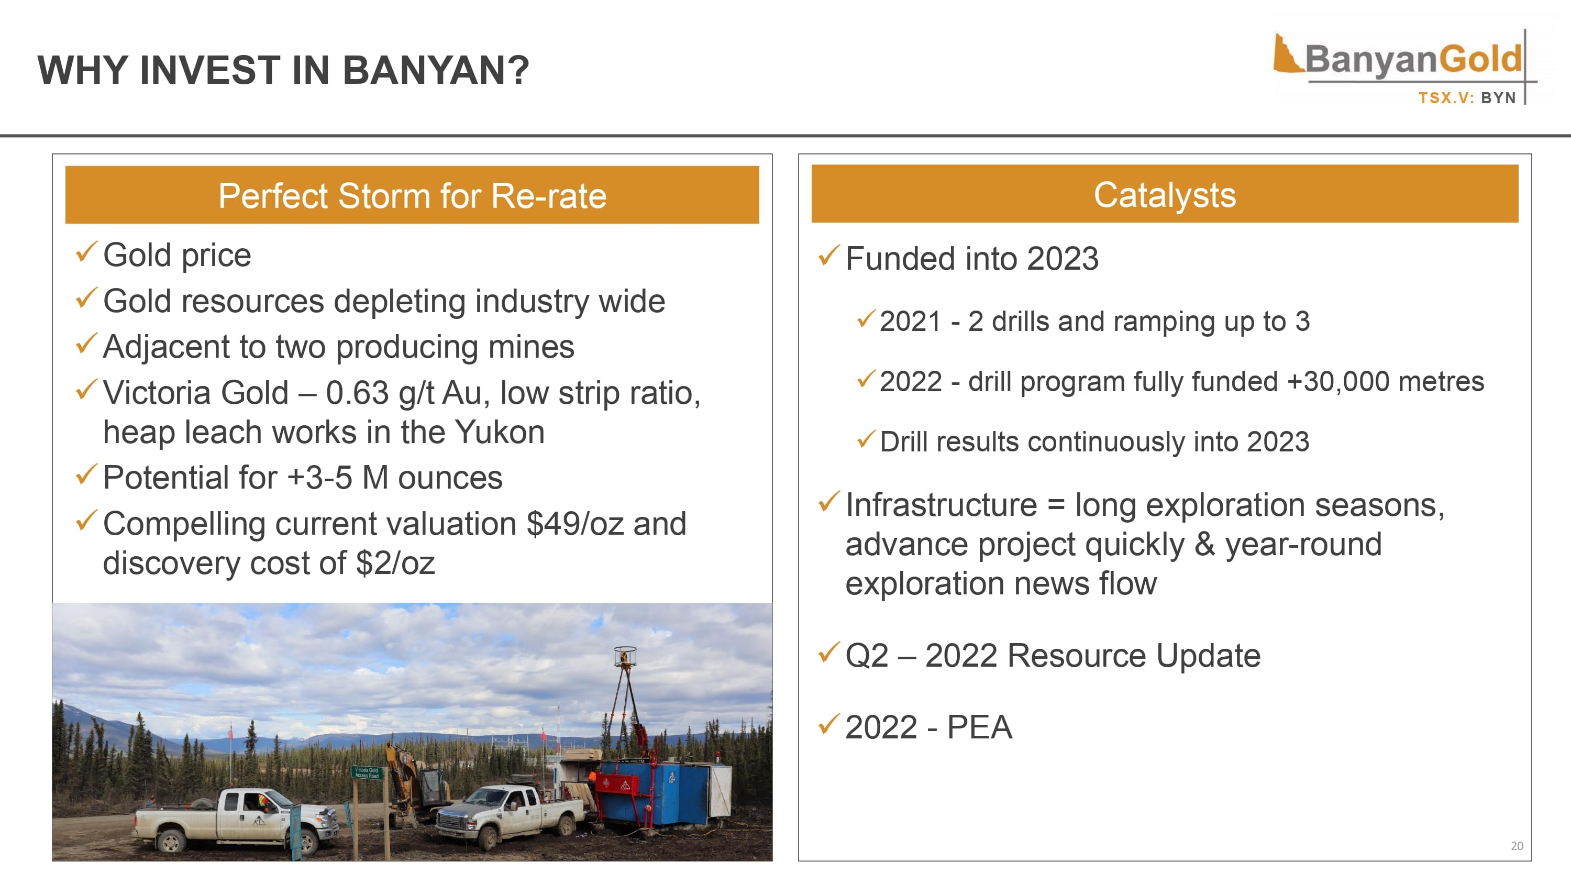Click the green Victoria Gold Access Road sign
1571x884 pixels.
pos(367,772)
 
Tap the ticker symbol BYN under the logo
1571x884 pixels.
pos(1498,98)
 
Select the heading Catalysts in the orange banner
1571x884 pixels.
pos(1165,195)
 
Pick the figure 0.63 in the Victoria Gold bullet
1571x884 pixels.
pos(357,393)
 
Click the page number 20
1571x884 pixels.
pos(1517,846)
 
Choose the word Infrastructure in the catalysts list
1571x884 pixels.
pos(941,505)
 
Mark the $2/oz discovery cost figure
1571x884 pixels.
pos(395,563)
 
